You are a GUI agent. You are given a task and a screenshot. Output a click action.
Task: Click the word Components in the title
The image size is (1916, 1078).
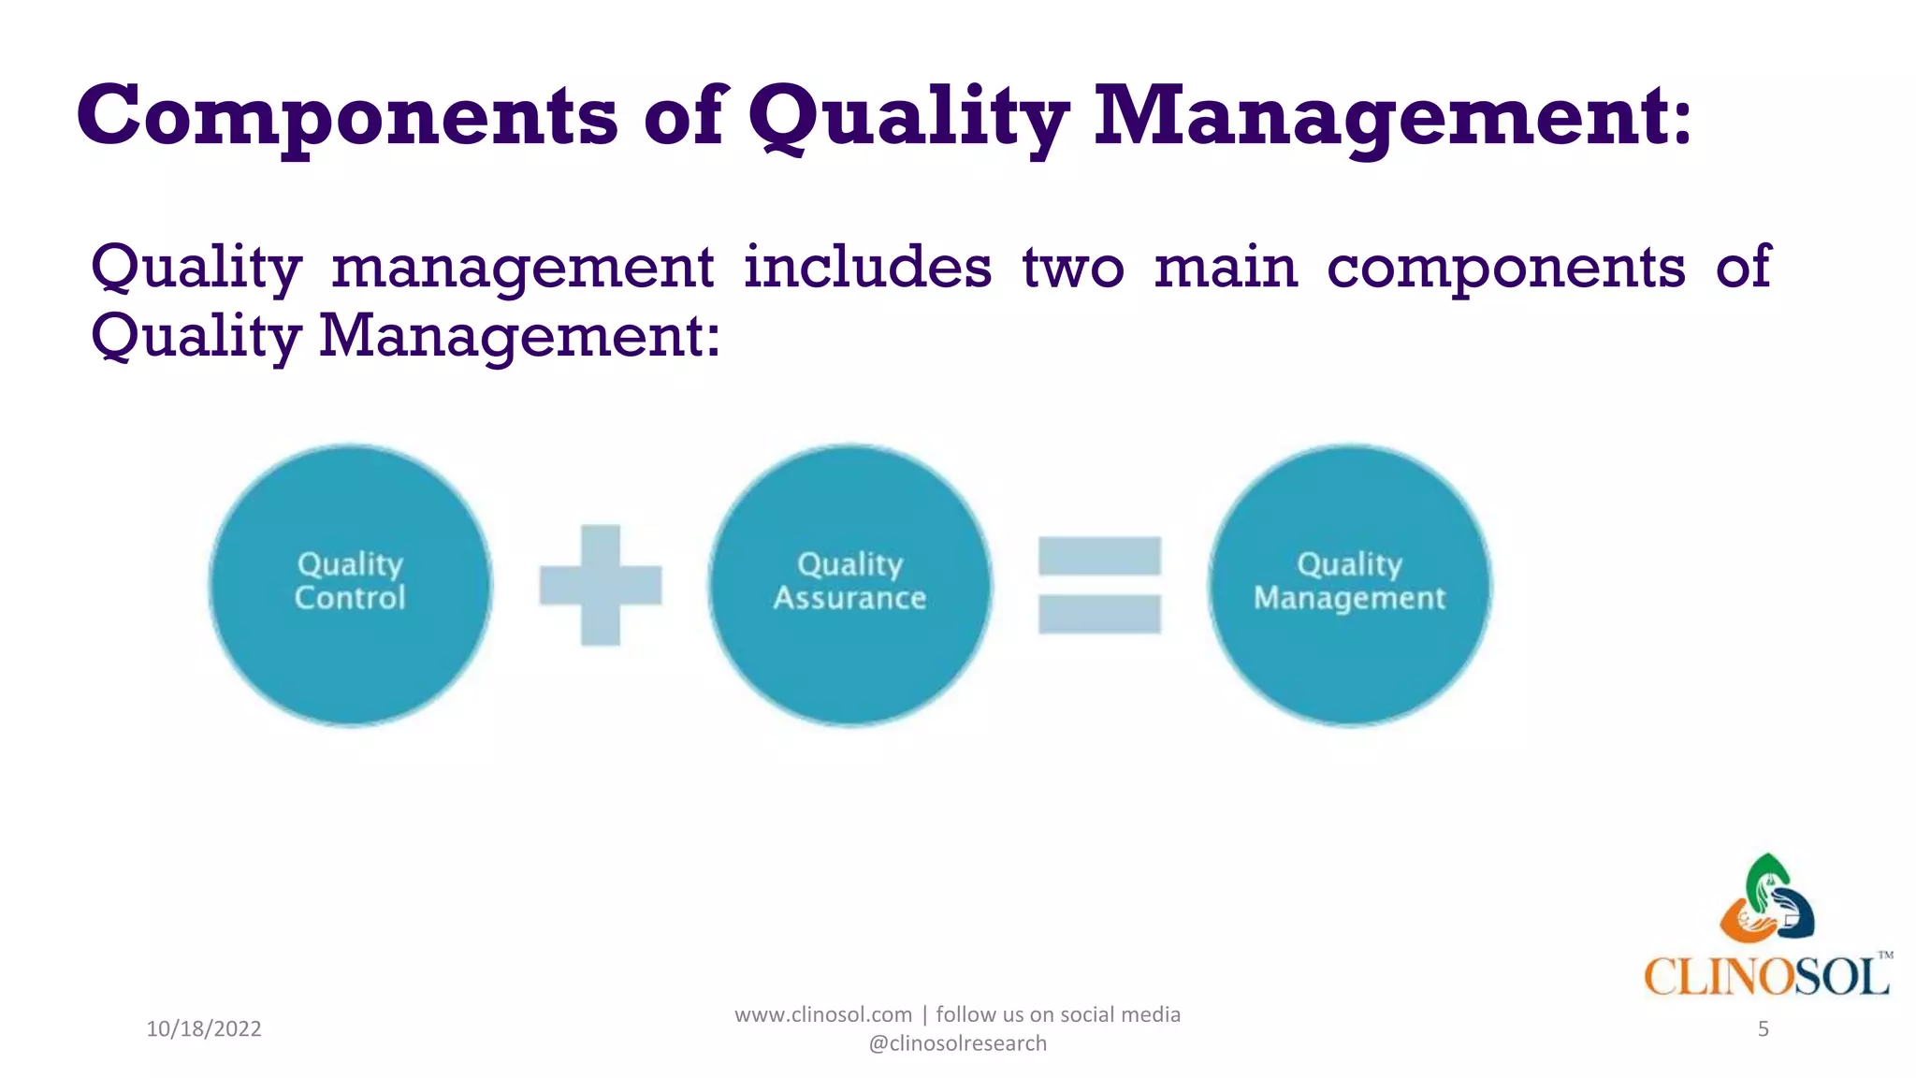347,116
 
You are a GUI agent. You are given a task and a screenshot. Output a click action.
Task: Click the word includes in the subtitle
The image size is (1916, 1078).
867,268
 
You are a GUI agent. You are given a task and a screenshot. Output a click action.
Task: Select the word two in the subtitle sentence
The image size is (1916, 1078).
1072,268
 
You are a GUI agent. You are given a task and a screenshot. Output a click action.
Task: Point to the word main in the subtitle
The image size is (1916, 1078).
1226,268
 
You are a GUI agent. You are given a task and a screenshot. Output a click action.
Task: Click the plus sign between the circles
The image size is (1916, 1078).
601,585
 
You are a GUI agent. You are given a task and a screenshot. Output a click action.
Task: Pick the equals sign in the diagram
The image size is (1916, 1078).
1099,585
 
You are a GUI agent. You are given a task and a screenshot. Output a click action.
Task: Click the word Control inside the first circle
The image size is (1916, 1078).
350,598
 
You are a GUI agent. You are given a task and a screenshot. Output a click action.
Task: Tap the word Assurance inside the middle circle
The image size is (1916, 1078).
849,598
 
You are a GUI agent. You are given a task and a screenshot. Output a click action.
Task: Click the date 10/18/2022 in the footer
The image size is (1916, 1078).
204,1029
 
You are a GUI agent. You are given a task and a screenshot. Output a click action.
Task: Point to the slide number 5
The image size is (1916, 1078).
1763,1029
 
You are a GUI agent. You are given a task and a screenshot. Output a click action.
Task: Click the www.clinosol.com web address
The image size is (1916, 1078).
822,1014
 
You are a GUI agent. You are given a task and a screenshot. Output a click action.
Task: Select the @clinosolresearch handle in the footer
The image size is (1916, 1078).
957,1043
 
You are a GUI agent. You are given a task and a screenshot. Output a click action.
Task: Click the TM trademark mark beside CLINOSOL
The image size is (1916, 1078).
1885,955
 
